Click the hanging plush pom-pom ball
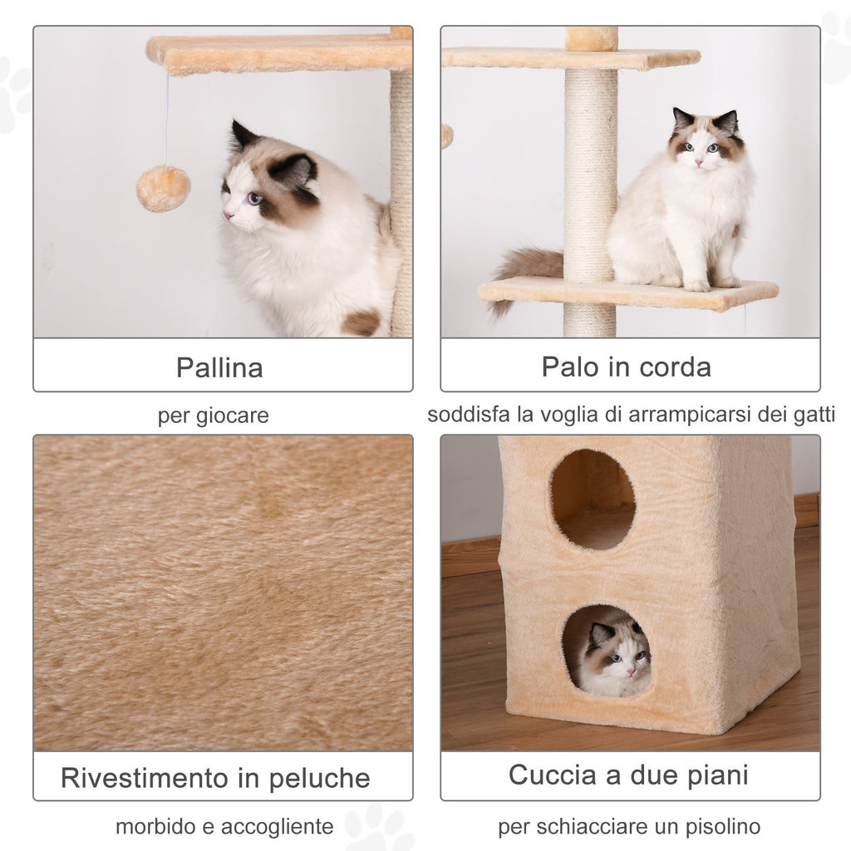click(163, 189)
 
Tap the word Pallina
click(219, 367)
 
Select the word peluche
click(320, 779)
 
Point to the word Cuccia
click(553, 775)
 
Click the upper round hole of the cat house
click(593, 499)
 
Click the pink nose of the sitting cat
click(699, 163)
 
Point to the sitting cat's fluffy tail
click(525, 274)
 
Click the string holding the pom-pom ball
click(166, 120)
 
